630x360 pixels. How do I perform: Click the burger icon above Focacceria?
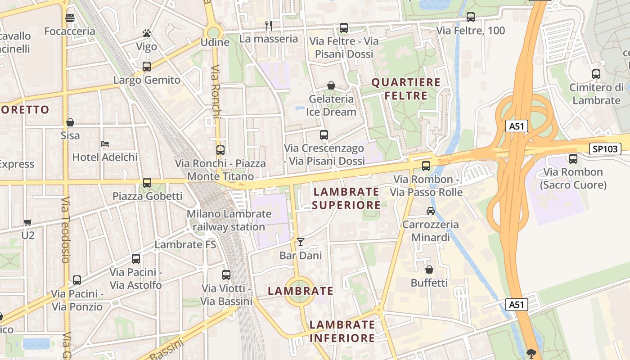click(x=70, y=18)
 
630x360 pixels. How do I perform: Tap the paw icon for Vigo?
click(x=146, y=33)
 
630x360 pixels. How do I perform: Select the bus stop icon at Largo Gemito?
click(x=147, y=67)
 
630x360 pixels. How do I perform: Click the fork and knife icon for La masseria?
click(x=269, y=26)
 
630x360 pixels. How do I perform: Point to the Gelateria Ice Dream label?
click(x=331, y=105)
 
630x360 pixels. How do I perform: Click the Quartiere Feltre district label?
click(x=405, y=89)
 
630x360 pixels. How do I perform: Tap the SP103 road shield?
click(x=605, y=149)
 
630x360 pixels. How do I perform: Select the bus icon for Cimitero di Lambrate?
click(x=596, y=74)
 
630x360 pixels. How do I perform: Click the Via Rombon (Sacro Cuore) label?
click(x=573, y=178)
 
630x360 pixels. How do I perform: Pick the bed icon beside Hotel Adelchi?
click(x=105, y=144)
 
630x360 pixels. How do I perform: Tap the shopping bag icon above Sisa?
click(x=70, y=122)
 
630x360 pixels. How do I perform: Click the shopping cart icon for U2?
click(x=28, y=222)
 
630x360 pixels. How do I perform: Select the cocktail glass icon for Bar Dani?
click(x=301, y=243)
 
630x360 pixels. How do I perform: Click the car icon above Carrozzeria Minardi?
click(x=431, y=211)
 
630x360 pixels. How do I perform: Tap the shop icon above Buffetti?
click(x=429, y=270)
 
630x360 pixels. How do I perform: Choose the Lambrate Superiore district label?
click(x=346, y=198)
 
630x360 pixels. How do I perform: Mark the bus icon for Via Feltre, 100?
click(x=471, y=17)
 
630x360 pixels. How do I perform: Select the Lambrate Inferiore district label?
click(x=342, y=331)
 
